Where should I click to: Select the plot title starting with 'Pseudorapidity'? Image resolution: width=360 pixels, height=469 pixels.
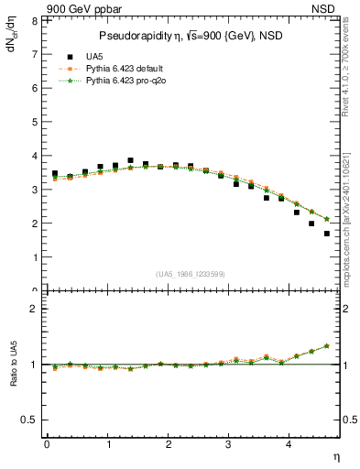[x=191, y=36]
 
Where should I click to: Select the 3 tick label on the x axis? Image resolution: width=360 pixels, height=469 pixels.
[x=229, y=444]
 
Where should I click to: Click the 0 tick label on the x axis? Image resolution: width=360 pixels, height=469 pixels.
[x=47, y=444]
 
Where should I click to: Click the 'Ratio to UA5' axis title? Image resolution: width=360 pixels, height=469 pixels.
[x=12, y=376]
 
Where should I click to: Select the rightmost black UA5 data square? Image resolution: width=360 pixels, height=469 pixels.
[x=327, y=234]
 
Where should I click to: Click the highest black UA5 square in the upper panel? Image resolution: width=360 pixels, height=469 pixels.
[x=131, y=160]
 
